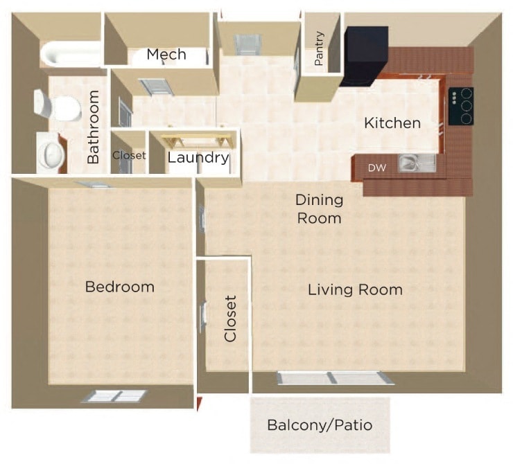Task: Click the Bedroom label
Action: click(119, 287)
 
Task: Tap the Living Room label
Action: click(355, 289)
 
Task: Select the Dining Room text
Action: click(319, 209)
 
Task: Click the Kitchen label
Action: click(392, 124)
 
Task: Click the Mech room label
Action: click(166, 55)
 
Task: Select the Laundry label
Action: click(198, 158)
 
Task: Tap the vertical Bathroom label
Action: click(94, 127)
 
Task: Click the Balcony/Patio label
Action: click(320, 425)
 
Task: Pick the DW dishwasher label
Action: click(377, 168)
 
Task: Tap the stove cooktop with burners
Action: click(460, 106)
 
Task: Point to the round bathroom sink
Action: click(50, 153)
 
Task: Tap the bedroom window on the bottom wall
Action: click(114, 396)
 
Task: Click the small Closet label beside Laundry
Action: click(129, 156)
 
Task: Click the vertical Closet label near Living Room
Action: click(231, 319)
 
